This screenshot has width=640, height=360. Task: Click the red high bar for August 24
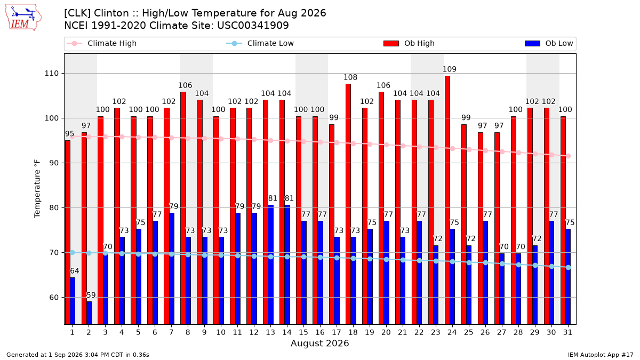pyautogui.click(x=447, y=200)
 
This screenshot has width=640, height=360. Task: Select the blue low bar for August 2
pyautogui.click(x=89, y=313)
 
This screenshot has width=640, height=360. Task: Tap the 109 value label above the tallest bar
pyautogui.click(x=450, y=69)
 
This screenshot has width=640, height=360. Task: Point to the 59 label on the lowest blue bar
pyautogui.click(x=91, y=295)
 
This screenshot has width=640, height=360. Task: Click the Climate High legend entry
pyautogui.click(x=102, y=43)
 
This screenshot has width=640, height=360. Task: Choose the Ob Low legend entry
pyautogui.click(x=549, y=43)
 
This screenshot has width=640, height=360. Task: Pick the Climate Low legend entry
pyautogui.click(x=260, y=43)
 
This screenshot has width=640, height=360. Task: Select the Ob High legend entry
pyautogui.click(x=409, y=43)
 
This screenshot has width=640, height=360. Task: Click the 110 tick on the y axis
pyautogui.click(x=51, y=74)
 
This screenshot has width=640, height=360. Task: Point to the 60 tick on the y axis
pyautogui.click(x=54, y=298)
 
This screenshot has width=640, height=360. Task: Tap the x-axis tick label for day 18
pyautogui.click(x=353, y=332)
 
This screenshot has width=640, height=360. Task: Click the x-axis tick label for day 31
pyautogui.click(x=567, y=332)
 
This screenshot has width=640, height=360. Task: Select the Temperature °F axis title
pyautogui.click(x=37, y=189)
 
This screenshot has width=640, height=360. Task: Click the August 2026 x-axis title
pyautogui.click(x=319, y=343)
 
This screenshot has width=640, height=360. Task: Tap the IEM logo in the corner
pyautogui.click(x=23, y=18)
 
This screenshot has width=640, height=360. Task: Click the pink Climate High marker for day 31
pyautogui.click(x=569, y=156)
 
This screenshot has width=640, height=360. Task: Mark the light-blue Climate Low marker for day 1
pyautogui.click(x=73, y=253)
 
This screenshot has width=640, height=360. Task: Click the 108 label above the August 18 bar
pyautogui.click(x=350, y=77)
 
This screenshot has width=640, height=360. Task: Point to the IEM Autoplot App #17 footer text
pyautogui.click(x=601, y=355)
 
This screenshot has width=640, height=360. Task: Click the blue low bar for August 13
pyautogui.click(x=271, y=265)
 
